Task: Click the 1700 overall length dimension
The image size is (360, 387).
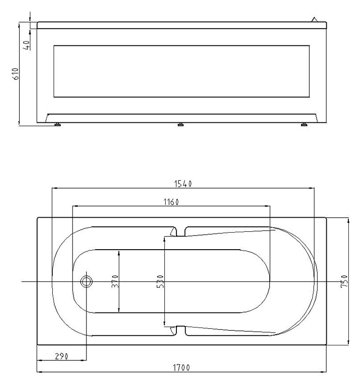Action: [x=181, y=368]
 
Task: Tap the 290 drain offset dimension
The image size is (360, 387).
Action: [x=61, y=357]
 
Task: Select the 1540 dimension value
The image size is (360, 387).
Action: [x=183, y=184]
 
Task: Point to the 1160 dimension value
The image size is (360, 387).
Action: [x=171, y=202]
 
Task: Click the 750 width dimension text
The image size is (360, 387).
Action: [x=344, y=281]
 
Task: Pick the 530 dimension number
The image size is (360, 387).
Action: [x=160, y=282]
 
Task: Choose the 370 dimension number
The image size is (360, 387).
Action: [x=115, y=282]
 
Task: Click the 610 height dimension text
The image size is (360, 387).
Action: [x=15, y=74]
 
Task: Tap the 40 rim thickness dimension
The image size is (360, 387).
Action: [x=27, y=45]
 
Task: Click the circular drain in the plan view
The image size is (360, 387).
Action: [x=86, y=282]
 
